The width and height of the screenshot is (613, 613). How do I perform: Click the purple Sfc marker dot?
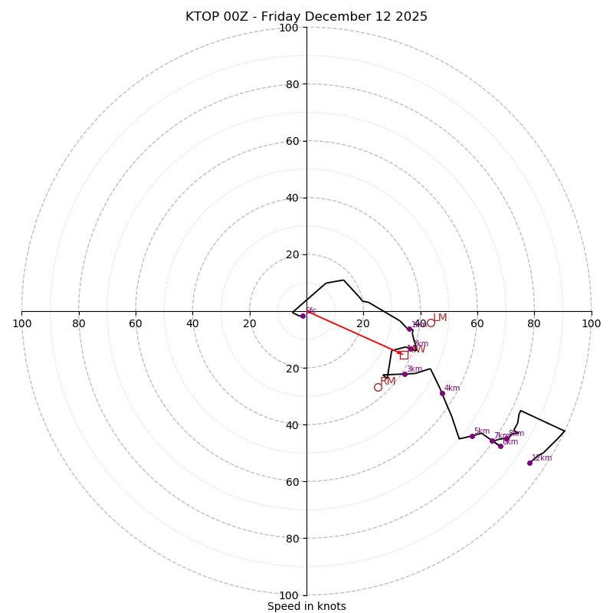303,316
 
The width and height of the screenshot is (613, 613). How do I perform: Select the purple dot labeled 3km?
405,374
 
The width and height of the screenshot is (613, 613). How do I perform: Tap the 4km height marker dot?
442,393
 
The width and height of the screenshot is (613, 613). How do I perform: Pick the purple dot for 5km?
472,436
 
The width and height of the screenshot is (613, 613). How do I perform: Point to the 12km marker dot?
529,463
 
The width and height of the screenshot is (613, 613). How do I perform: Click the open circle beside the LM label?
431,323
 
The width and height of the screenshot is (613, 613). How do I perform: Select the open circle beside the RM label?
378,387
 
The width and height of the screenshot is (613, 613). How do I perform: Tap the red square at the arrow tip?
404,355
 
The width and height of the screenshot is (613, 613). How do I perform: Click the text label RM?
388,382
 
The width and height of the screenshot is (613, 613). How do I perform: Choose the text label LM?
440,318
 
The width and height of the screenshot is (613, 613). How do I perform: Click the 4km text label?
452,388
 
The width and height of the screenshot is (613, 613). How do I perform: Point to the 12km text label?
542,458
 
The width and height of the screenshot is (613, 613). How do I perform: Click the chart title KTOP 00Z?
306,17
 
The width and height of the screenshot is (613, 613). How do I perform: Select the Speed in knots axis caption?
306,606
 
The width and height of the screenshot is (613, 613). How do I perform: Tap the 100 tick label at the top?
289,28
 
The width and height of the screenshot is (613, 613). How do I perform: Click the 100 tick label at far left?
21,323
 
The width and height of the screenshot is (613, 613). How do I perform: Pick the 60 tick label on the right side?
477,323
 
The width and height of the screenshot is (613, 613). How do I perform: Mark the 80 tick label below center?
292,538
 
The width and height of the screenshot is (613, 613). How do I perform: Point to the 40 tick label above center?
292,198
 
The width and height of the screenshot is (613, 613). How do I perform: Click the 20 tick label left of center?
250,323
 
